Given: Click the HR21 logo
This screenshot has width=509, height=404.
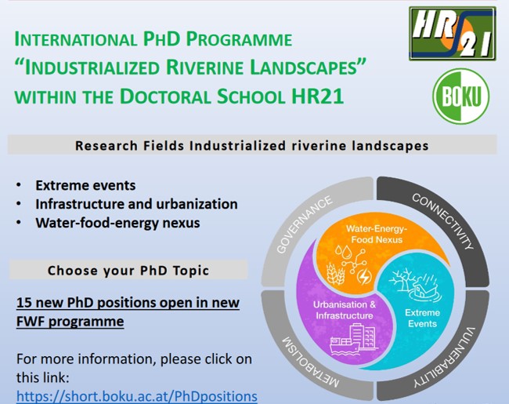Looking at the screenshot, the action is pos(453,34).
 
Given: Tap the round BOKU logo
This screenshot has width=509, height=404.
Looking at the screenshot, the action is pos(461,96).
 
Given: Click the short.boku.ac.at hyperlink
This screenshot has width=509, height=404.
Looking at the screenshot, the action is pos(137,396).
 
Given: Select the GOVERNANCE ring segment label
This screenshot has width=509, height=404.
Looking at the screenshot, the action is pos(304,224).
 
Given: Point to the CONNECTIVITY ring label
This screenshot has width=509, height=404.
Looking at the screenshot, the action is pos(442,221).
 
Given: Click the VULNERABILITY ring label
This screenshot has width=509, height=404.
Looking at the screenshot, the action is pos(445,357).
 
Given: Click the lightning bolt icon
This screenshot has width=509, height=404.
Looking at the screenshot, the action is pos(364,277).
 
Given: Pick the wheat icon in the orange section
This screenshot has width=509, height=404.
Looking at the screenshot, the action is pos(335,274).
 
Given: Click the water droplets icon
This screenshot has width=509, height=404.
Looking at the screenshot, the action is pos(344,251).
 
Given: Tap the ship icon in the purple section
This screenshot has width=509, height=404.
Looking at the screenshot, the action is pos(344,346).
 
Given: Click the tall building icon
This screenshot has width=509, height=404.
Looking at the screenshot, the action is pos(363,336).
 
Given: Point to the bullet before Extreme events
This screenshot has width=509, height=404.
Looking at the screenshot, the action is pos(19,185).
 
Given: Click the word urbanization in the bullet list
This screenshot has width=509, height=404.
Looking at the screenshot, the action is pos(197,204).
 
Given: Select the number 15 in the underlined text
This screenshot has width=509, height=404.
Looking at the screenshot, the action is pos(23,303).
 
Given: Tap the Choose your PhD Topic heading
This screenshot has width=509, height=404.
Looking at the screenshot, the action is pos(128,271).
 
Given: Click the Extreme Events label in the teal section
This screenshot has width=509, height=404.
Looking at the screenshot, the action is pos(422,318).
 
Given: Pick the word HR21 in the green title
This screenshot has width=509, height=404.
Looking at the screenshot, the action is pos(317,96).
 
